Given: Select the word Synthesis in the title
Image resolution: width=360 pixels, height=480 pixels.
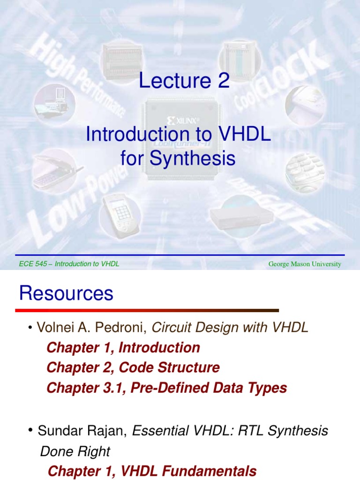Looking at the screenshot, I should [192, 158].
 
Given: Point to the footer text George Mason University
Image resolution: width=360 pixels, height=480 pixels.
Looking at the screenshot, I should [305, 264].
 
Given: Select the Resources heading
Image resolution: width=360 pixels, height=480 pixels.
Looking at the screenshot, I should [66, 293].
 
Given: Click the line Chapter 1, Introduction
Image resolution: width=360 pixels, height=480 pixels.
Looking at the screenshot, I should [123, 348].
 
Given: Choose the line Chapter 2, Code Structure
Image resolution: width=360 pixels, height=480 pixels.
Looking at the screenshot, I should [133, 367].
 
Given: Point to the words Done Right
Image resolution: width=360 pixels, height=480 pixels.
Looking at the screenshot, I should [75, 451].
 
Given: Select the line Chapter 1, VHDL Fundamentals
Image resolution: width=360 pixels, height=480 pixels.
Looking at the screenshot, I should [152, 471].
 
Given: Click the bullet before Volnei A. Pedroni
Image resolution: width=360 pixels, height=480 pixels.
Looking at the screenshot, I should [30, 328].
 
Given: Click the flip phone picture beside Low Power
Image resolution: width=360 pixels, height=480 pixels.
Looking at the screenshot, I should [55, 171].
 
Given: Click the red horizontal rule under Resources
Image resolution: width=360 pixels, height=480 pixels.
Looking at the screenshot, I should [147, 310].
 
